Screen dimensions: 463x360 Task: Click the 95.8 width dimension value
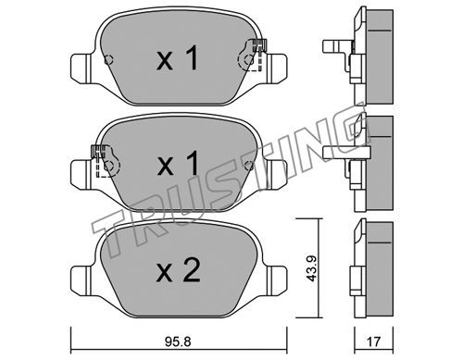tap(178, 341)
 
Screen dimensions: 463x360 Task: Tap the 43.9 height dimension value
tap(312, 268)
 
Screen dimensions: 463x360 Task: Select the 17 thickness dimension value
tap(373, 341)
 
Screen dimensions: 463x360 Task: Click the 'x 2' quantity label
tap(178, 270)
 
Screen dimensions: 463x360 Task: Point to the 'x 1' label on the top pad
tap(177, 57)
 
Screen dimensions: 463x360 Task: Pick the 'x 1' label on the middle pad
tap(178, 164)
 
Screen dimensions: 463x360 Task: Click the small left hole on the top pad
tap(108, 59)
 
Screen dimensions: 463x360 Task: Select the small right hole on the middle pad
tap(248, 166)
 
